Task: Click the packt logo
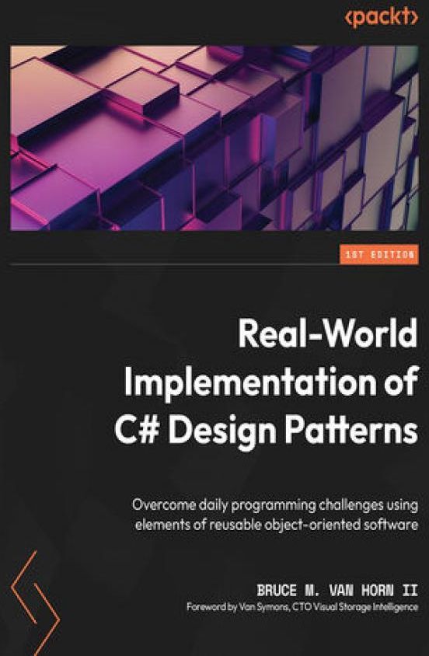point(382,18)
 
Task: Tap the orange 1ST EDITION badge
point(379,254)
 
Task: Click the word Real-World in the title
point(328,333)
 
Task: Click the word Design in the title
point(222,434)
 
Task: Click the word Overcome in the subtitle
point(164,505)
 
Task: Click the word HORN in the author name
point(378,590)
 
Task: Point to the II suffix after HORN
point(410,590)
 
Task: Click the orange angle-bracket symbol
point(35,603)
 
